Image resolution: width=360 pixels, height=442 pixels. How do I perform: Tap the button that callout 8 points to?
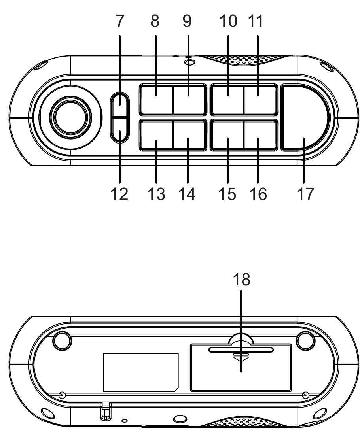[x=155, y=99]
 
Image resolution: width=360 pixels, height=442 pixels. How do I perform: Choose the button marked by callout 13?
[x=155, y=136]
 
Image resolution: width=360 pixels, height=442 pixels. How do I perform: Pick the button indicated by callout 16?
[x=260, y=136]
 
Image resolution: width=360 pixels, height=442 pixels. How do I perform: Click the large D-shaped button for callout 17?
[x=303, y=119]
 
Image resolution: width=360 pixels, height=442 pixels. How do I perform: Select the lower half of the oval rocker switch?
[x=120, y=130]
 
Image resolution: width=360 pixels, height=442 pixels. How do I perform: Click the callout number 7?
[x=120, y=22]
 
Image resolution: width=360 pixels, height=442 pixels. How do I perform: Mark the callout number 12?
[x=119, y=194]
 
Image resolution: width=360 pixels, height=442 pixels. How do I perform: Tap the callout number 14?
[x=188, y=194]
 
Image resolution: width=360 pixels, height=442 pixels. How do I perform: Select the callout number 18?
[x=242, y=279]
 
